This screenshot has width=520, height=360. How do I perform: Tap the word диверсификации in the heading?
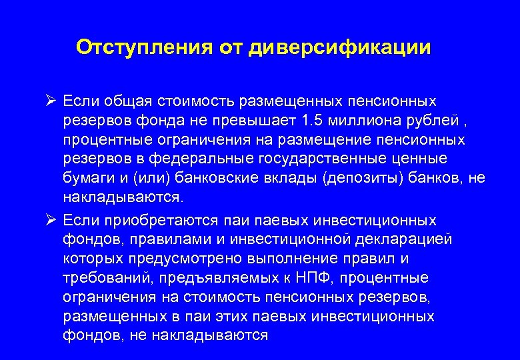339,47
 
